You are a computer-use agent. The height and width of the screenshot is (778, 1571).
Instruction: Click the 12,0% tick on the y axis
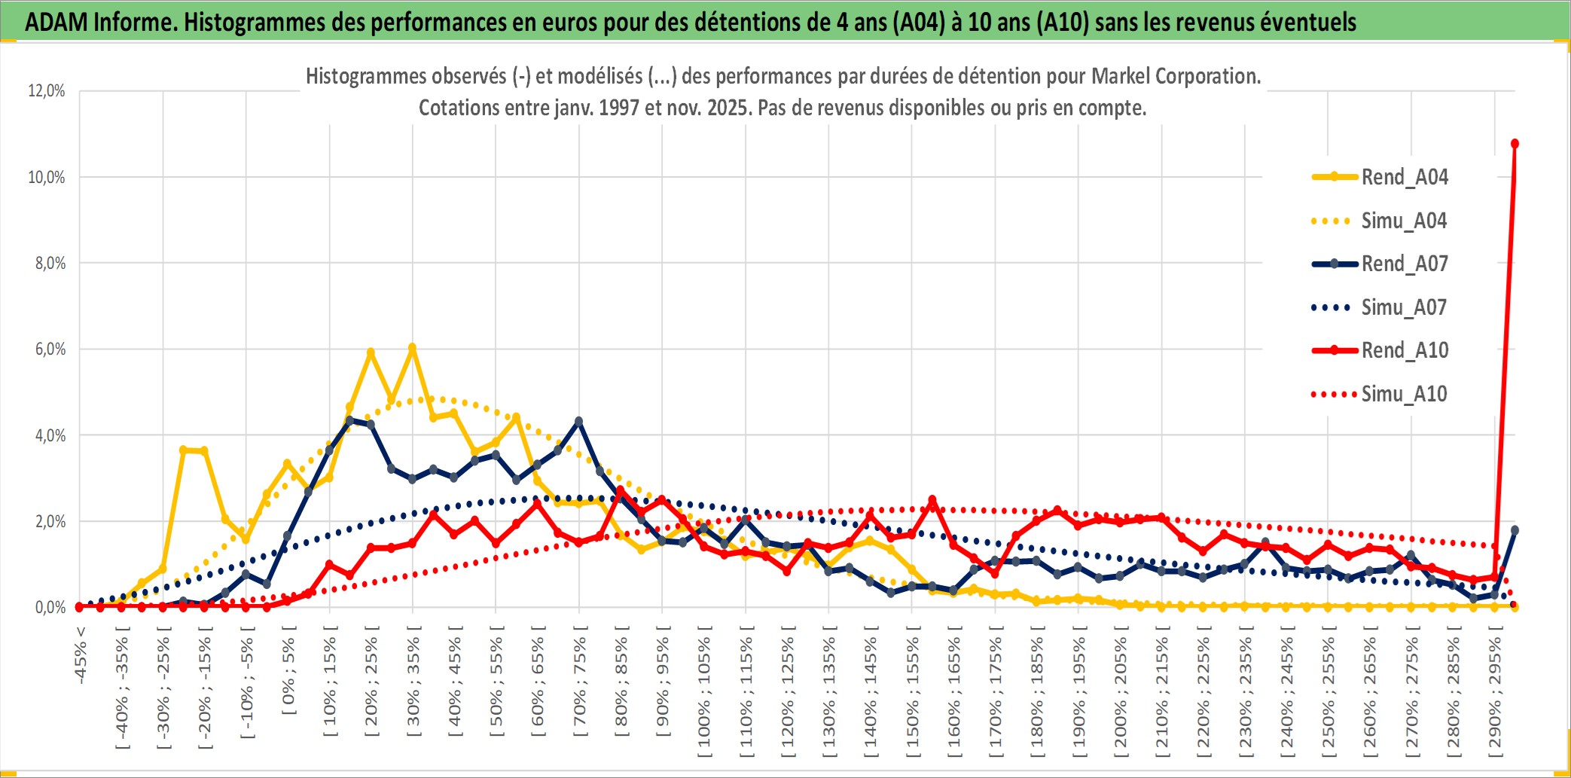point(47,91)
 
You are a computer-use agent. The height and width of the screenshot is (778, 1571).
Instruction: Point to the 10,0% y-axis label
point(47,177)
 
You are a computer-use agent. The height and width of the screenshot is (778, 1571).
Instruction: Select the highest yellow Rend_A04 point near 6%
point(412,348)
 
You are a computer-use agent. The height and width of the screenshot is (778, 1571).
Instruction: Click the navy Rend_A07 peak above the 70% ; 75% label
point(578,421)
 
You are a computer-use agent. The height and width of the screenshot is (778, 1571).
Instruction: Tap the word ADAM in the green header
point(56,22)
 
